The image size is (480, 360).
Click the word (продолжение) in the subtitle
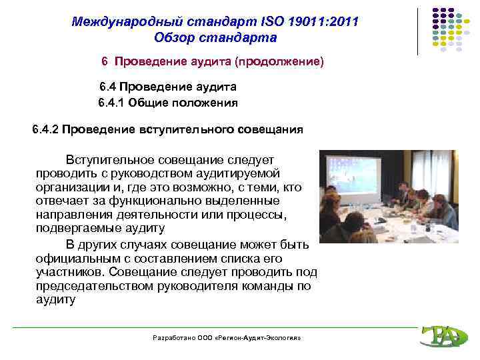click(x=284, y=61)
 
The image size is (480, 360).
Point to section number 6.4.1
click(x=111, y=103)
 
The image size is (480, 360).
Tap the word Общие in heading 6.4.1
click(x=148, y=103)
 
